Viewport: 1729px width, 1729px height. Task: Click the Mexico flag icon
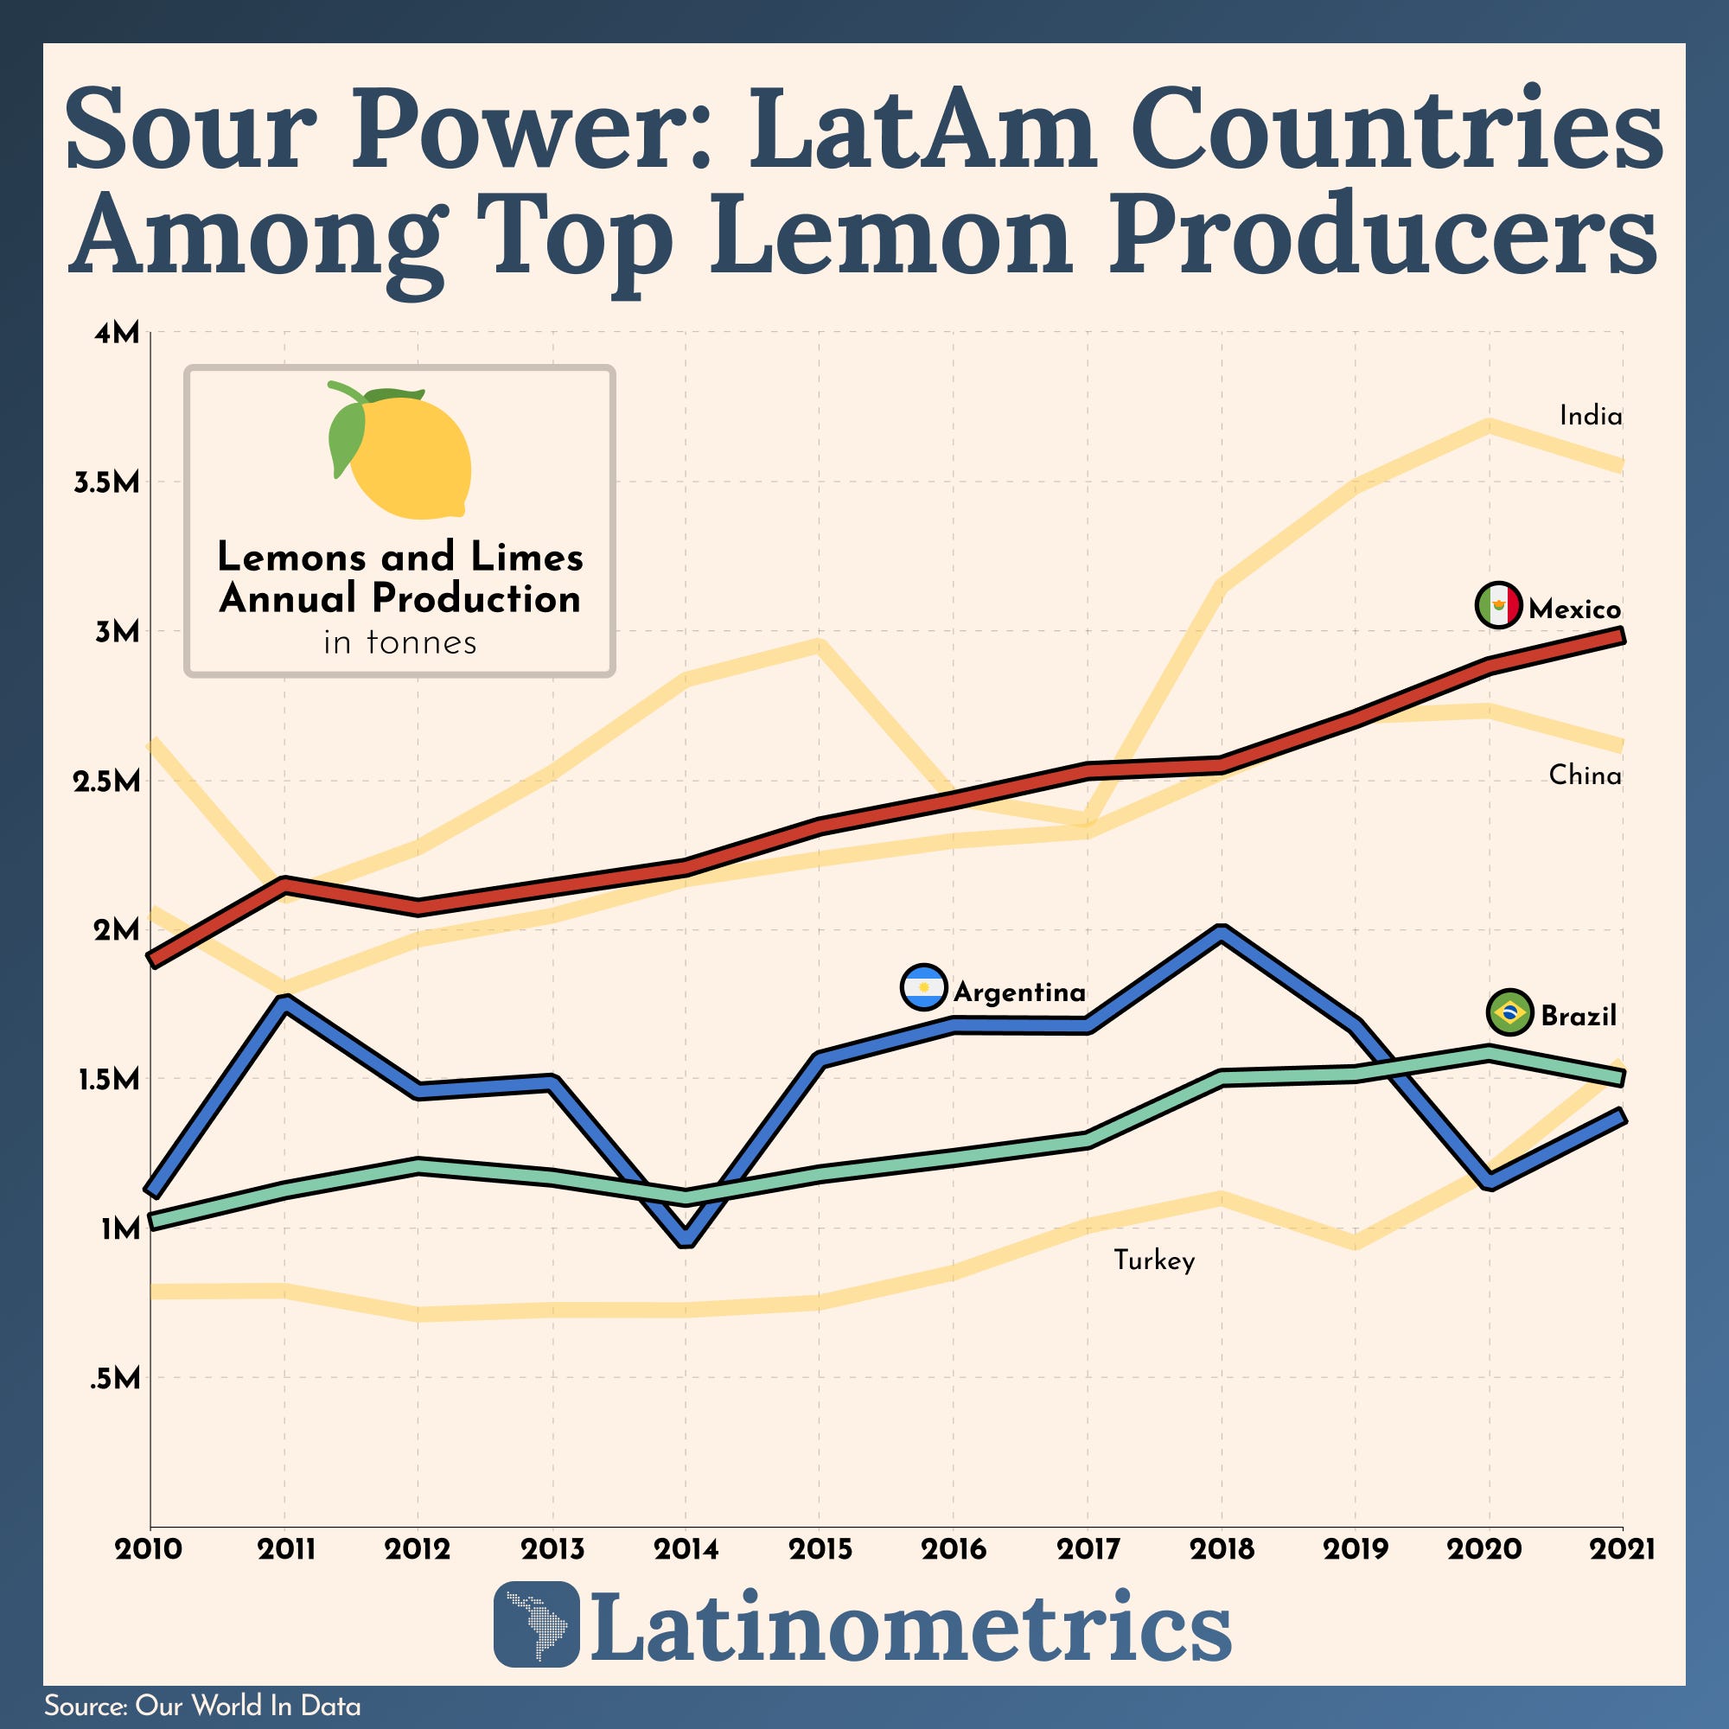(1498, 606)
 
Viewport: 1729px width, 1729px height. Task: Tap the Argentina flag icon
(922, 988)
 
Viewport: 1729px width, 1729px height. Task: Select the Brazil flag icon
(1509, 1013)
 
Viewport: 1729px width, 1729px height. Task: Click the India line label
(1591, 416)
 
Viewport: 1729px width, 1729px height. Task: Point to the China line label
(1585, 775)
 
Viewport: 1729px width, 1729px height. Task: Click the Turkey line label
(1153, 1261)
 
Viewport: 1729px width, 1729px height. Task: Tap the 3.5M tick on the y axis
(107, 483)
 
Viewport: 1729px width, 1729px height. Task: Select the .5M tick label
(115, 1379)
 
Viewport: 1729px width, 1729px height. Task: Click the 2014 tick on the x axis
(686, 1549)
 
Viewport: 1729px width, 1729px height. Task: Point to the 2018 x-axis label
(1222, 1549)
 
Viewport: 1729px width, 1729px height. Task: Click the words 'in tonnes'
(400, 642)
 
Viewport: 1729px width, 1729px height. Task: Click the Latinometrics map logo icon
(536, 1624)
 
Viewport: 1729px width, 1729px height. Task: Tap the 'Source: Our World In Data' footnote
(202, 1706)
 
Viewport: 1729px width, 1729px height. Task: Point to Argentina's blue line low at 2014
(686, 1239)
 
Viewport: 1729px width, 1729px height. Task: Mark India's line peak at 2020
(1489, 425)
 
